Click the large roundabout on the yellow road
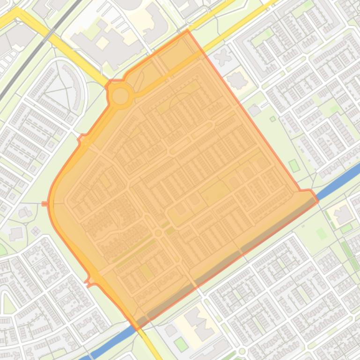[x=120, y=96]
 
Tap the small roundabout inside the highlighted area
[x=158, y=233]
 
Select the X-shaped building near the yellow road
[x=224, y=57]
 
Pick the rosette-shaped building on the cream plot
[x=237, y=81]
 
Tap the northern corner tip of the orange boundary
[x=188, y=31]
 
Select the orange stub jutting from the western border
[x=44, y=204]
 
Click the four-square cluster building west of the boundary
[x=36, y=230]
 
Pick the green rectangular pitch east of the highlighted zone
[x=294, y=166]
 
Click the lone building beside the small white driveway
[x=254, y=110]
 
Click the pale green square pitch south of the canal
[x=321, y=232]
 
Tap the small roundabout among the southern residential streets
[x=242, y=351]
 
